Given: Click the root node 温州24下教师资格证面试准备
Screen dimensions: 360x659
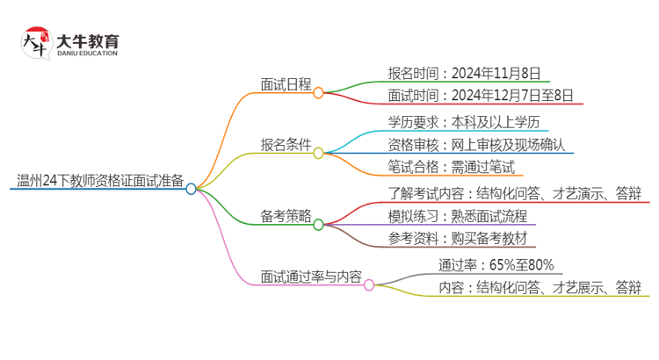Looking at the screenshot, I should tap(100, 183).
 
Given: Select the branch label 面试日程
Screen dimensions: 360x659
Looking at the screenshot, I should tap(286, 85).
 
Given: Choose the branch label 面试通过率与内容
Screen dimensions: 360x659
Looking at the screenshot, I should tap(311, 277).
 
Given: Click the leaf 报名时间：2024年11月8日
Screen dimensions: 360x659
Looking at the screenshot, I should tap(463, 73).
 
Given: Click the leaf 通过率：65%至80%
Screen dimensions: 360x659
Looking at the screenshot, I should tap(496, 265).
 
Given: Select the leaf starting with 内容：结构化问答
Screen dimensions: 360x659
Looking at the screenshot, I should tap(540, 287).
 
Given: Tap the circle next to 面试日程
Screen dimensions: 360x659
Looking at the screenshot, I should tap(318, 91).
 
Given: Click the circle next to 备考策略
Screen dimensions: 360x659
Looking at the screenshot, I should tap(318, 226).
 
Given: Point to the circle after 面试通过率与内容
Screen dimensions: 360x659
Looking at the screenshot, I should tap(369, 284).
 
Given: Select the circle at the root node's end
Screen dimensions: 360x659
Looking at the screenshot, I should tap(192, 189).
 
